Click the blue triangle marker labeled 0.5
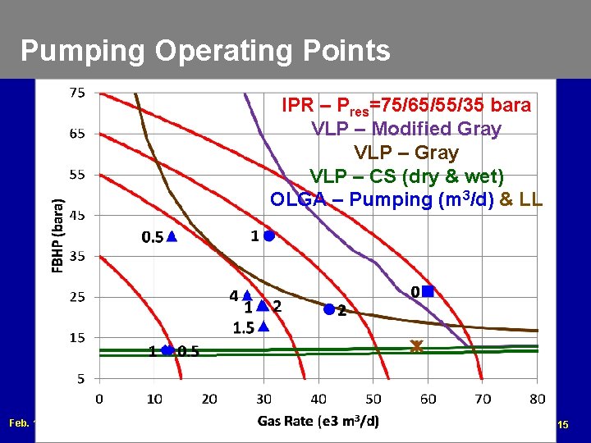(x=171, y=236)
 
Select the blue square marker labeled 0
(x=428, y=291)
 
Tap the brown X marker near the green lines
(x=416, y=347)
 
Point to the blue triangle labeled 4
(x=246, y=295)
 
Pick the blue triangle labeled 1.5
(x=263, y=327)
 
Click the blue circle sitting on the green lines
(x=167, y=350)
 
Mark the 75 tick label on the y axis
(x=76, y=93)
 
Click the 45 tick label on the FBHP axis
(x=76, y=215)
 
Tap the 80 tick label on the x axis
(x=537, y=400)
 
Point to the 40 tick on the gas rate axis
(x=318, y=400)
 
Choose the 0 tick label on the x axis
(x=99, y=400)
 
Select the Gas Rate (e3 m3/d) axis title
(x=318, y=421)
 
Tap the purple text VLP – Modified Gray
(x=405, y=129)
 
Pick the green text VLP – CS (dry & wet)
(x=405, y=176)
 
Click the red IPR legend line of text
(x=405, y=106)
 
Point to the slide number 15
(x=562, y=425)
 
